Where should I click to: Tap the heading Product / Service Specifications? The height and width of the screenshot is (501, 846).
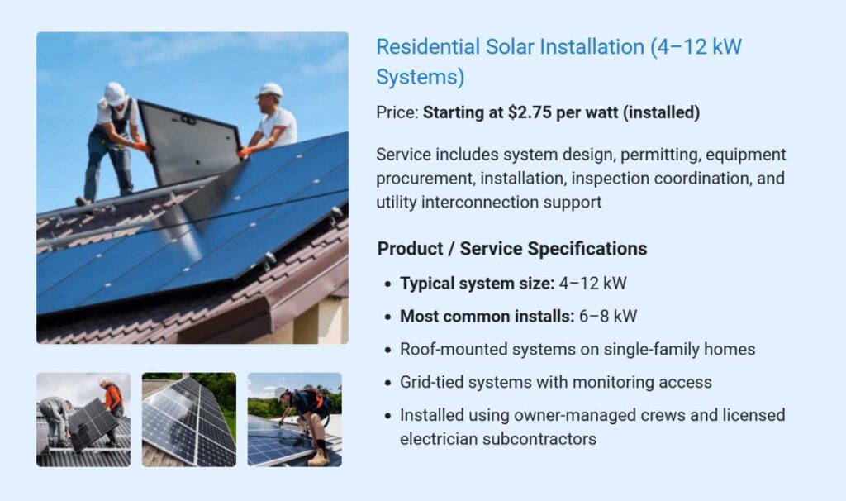(x=512, y=249)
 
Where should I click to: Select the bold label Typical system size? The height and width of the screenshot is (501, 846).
(x=477, y=284)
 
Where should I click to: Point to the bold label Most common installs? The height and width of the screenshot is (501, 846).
(x=487, y=316)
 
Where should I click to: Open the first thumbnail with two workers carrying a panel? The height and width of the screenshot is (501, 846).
(x=83, y=420)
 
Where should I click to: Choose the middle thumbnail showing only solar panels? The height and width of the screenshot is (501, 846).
(x=189, y=420)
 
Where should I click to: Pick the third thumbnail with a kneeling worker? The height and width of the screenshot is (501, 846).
(x=295, y=420)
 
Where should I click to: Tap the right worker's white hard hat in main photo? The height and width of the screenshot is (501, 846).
(x=269, y=89)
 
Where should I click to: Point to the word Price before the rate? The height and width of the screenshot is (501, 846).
(x=396, y=113)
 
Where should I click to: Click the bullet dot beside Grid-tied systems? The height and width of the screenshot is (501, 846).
(x=387, y=383)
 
